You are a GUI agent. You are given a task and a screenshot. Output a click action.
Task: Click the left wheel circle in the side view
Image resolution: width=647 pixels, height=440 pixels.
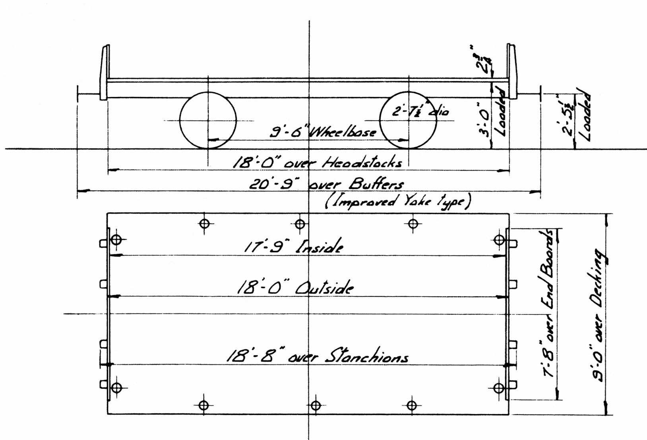(208, 120)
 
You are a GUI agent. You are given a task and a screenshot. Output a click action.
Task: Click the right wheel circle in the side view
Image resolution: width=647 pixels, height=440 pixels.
(409, 120)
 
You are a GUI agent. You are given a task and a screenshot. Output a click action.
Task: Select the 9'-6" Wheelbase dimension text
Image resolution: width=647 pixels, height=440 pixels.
(323, 132)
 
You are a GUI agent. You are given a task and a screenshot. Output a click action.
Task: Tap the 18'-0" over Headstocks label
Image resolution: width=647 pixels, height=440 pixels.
(317, 162)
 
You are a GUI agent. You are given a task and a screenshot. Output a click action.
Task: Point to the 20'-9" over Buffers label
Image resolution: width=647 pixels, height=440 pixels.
(326, 184)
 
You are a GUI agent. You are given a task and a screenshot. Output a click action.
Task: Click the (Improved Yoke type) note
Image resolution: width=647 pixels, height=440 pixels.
(397, 201)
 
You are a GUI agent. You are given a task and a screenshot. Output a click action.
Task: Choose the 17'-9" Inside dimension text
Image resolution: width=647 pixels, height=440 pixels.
(293, 247)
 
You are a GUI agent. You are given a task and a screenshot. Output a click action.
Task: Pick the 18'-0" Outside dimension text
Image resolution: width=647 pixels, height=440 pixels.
(294, 287)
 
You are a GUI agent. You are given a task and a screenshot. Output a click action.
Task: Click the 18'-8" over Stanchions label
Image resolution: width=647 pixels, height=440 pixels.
(317, 356)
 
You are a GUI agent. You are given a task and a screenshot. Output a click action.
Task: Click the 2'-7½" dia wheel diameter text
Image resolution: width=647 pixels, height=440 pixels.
(420, 111)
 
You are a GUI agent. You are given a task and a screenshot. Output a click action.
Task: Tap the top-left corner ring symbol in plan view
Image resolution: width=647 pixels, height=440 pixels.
(116, 240)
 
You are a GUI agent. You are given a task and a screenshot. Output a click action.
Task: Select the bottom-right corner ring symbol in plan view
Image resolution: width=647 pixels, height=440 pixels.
(499, 387)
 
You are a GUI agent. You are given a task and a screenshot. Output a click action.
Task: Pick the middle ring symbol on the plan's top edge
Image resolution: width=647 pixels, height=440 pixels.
(300, 224)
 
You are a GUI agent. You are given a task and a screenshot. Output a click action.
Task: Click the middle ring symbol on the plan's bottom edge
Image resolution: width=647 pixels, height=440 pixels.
(315, 406)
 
